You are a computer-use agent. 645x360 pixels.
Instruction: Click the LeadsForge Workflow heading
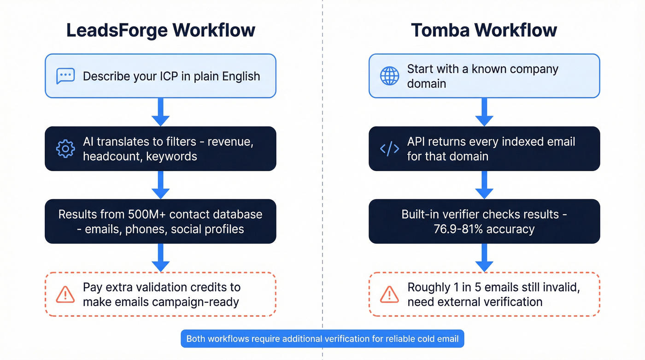[x=160, y=30]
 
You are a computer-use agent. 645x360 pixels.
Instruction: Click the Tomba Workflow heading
[x=484, y=30]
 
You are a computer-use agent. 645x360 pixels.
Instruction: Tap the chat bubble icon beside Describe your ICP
[x=65, y=76]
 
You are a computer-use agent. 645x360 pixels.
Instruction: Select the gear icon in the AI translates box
[x=65, y=149]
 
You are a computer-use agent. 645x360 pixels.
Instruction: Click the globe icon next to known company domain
[x=389, y=76]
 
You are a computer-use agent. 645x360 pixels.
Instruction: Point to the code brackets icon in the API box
[x=389, y=149]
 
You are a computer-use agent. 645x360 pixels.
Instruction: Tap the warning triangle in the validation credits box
[x=65, y=295]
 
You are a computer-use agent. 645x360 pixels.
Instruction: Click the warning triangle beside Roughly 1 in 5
[x=389, y=295]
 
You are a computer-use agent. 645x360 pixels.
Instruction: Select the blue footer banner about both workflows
[x=322, y=339]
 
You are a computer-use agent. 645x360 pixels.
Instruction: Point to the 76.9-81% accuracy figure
[x=484, y=229]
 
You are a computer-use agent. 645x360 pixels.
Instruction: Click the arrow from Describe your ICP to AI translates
[x=160, y=112]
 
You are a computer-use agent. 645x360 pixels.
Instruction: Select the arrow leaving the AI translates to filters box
[x=160, y=185]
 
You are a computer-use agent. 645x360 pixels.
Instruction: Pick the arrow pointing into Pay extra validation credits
[x=160, y=258]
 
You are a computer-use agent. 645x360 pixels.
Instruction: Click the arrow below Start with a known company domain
[x=484, y=112]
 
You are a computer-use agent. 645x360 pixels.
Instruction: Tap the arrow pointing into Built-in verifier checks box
[x=484, y=185]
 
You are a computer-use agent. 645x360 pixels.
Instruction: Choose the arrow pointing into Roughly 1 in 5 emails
[x=484, y=258]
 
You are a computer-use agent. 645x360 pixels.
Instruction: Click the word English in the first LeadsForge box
[x=241, y=76]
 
